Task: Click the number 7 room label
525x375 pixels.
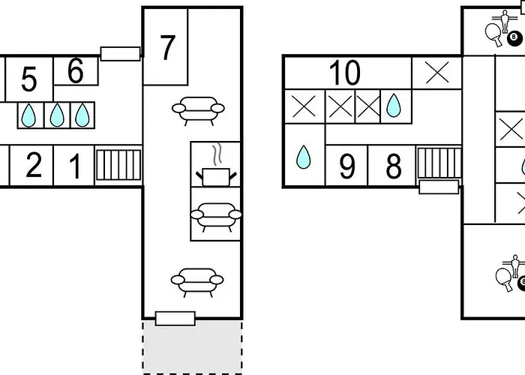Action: pyautogui.click(x=167, y=47)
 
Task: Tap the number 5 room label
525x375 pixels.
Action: pyautogui.click(x=28, y=79)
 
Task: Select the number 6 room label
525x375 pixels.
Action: pyautogui.click(x=75, y=71)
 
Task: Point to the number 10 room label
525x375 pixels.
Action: pyautogui.click(x=345, y=73)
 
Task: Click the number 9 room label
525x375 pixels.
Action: pyautogui.click(x=346, y=167)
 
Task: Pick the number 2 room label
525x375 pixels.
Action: pyautogui.click(x=33, y=166)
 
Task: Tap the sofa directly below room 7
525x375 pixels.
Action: pyautogui.click(x=198, y=109)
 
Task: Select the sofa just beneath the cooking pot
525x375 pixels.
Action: pyautogui.click(x=216, y=214)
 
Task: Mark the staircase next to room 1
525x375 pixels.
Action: pyautogui.click(x=118, y=165)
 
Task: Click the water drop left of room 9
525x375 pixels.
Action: pyautogui.click(x=303, y=157)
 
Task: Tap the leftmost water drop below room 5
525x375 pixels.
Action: pyautogui.click(x=28, y=115)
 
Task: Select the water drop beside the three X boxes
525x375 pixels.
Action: pyautogui.click(x=394, y=106)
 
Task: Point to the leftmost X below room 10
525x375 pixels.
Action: pyautogui.click(x=303, y=106)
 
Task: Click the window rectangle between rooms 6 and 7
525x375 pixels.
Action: pyautogui.click(x=120, y=52)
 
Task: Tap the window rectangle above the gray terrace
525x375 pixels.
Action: pyautogui.click(x=175, y=318)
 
